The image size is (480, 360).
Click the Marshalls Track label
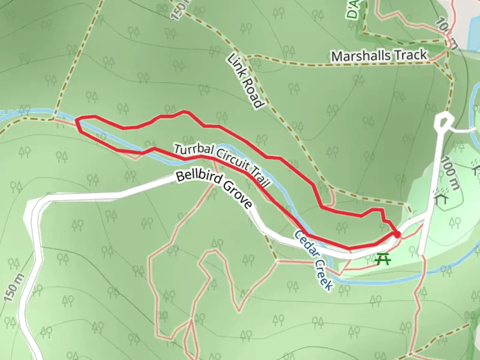point(379,55)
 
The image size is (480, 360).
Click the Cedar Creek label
point(314,260)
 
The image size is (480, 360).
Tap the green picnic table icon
point(383,259)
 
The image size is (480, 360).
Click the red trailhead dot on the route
point(397,235)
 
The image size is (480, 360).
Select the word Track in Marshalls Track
point(412,54)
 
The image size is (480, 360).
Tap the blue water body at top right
point(473,32)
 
